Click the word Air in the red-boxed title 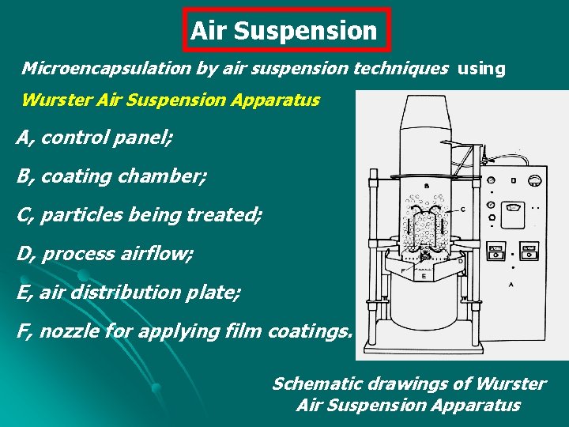coord(209,31)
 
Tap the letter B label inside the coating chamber coord(428,186)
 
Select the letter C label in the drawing coord(462,209)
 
